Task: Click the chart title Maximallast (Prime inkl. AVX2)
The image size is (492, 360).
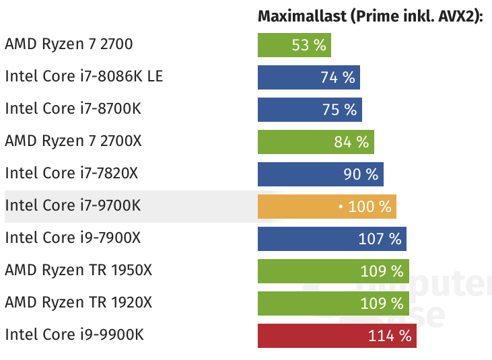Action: [x=371, y=17]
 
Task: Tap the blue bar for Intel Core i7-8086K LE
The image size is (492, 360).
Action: [x=289, y=77]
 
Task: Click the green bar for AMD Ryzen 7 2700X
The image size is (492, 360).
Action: [x=296, y=142]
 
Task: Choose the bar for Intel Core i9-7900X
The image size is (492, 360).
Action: [x=310, y=239]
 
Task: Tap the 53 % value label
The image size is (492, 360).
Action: [x=309, y=46]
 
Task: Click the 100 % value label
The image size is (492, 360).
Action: [x=370, y=207]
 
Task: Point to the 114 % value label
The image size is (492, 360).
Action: [x=389, y=336]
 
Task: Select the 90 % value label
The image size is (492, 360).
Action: [x=361, y=174]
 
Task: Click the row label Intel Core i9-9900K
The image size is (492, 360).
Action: [x=74, y=334]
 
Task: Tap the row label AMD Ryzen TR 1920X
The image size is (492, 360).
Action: [x=78, y=302]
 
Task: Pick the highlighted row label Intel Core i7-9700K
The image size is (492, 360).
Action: [x=73, y=205]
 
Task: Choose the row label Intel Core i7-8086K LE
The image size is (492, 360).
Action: [x=83, y=76]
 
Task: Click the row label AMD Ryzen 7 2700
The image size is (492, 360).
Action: [x=69, y=44]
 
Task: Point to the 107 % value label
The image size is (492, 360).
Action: [x=380, y=239]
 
